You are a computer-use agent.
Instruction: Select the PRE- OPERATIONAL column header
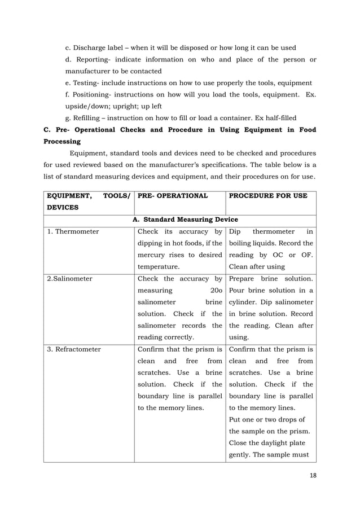tap(170, 196)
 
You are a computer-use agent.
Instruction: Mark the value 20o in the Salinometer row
tap(216, 290)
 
